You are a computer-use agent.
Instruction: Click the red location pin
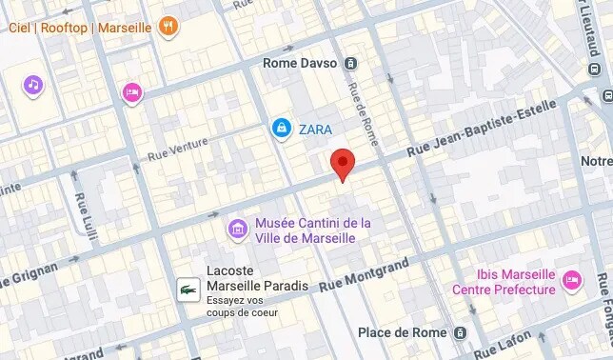coord(343,163)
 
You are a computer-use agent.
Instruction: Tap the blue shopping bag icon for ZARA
coord(281,128)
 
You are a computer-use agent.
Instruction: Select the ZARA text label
coord(315,128)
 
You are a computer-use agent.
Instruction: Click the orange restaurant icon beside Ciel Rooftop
coord(169,27)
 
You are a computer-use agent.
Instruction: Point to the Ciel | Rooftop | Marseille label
coord(80,28)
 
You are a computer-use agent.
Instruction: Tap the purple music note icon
coord(33,86)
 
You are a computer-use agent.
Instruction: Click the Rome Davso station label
coord(300,64)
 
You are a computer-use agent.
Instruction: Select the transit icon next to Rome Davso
coord(351,64)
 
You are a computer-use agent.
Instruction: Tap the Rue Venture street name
coord(179,150)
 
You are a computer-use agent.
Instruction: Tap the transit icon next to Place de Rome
coord(460,332)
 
